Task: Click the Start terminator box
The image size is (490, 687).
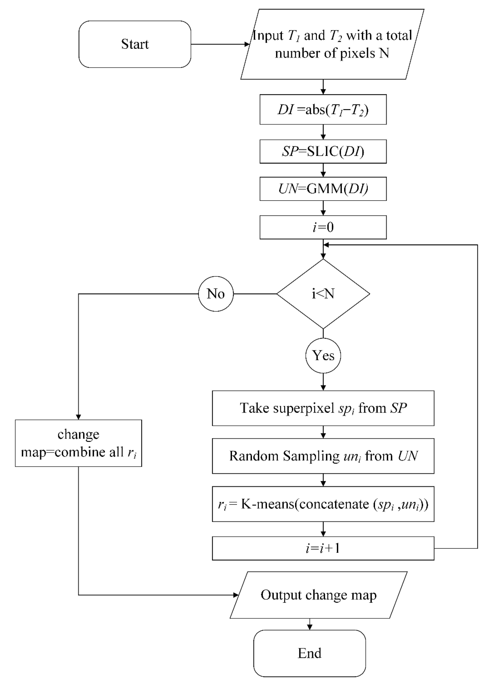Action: [135, 44]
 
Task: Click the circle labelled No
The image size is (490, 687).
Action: [216, 294]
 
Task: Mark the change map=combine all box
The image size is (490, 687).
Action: [78, 443]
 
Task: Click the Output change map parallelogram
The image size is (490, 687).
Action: [318, 595]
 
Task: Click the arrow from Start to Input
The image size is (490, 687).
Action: [220, 44]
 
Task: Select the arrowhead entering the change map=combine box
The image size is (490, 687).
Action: [78, 417]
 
